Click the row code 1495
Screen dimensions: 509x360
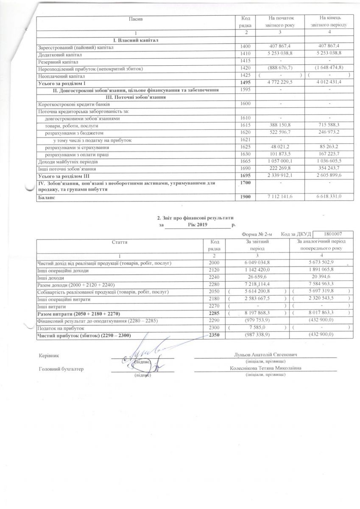point(246,83)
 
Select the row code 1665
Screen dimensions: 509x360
point(246,162)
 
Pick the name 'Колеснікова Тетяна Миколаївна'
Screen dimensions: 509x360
point(265,368)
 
